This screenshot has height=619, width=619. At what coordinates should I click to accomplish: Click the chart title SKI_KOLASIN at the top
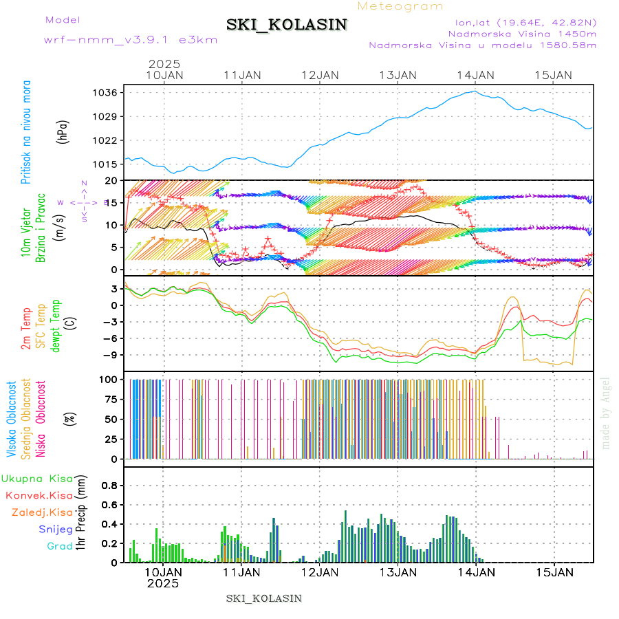click(x=287, y=25)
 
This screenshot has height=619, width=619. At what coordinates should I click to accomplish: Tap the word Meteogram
click(x=400, y=6)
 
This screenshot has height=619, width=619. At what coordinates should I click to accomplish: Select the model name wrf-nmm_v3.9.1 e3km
click(x=131, y=39)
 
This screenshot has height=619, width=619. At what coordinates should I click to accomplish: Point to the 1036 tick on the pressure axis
click(x=108, y=92)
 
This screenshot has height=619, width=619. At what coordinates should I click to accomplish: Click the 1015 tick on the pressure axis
click(x=108, y=164)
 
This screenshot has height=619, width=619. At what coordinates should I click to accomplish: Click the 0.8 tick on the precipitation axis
click(x=110, y=485)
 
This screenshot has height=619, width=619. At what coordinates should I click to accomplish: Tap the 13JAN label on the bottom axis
click(x=396, y=572)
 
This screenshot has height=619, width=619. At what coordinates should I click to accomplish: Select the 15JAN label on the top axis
click(x=553, y=75)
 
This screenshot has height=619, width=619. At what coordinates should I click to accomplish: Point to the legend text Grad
click(x=59, y=546)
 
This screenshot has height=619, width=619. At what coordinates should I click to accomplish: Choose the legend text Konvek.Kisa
click(x=39, y=495)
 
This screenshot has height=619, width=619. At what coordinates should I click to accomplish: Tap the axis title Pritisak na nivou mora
click(x=27, y=131)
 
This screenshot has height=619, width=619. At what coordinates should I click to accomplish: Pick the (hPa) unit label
click(x=63, y=131)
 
